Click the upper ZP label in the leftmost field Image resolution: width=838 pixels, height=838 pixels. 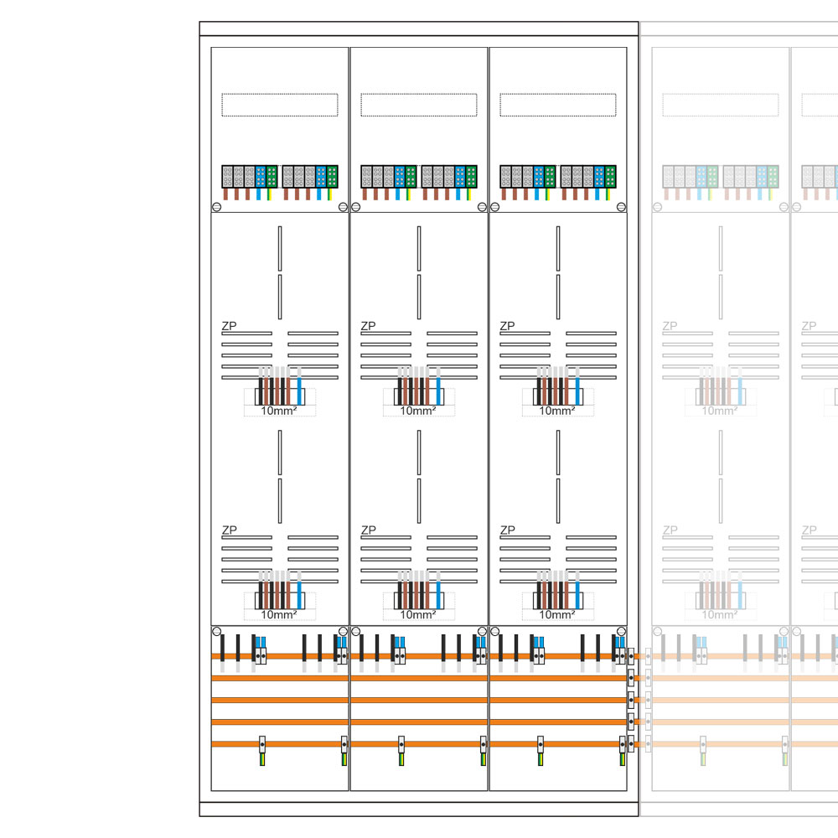click(229, 325)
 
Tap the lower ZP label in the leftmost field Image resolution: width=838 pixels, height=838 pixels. click(229, 530)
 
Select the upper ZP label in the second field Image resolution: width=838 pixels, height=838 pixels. click(368, 325)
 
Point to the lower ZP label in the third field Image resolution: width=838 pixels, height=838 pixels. click(507, 530)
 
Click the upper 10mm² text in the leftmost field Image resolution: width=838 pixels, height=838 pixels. click(279, 411)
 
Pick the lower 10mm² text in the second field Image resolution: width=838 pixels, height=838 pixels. click(418, 614)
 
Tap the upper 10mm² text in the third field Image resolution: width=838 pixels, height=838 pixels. click(557, 411)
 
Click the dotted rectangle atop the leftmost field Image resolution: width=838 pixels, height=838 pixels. click(280, 105)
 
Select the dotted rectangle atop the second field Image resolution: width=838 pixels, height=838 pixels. click(419, 105)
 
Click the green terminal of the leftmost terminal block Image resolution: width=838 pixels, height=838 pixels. click(272, 176)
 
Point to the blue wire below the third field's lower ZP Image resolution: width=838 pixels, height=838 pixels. click(577, 590)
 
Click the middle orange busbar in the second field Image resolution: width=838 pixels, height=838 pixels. click(419, 700)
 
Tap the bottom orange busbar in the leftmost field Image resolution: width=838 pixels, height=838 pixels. click(280, 743)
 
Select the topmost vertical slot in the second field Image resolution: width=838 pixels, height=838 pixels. click(419, 248)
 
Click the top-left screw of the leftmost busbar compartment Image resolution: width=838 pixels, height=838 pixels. click(216, 631)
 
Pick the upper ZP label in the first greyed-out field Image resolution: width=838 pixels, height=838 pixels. click(670, 325)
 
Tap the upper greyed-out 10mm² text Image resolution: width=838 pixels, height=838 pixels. click(720, 411)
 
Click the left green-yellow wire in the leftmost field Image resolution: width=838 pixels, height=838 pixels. click(262, 759)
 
